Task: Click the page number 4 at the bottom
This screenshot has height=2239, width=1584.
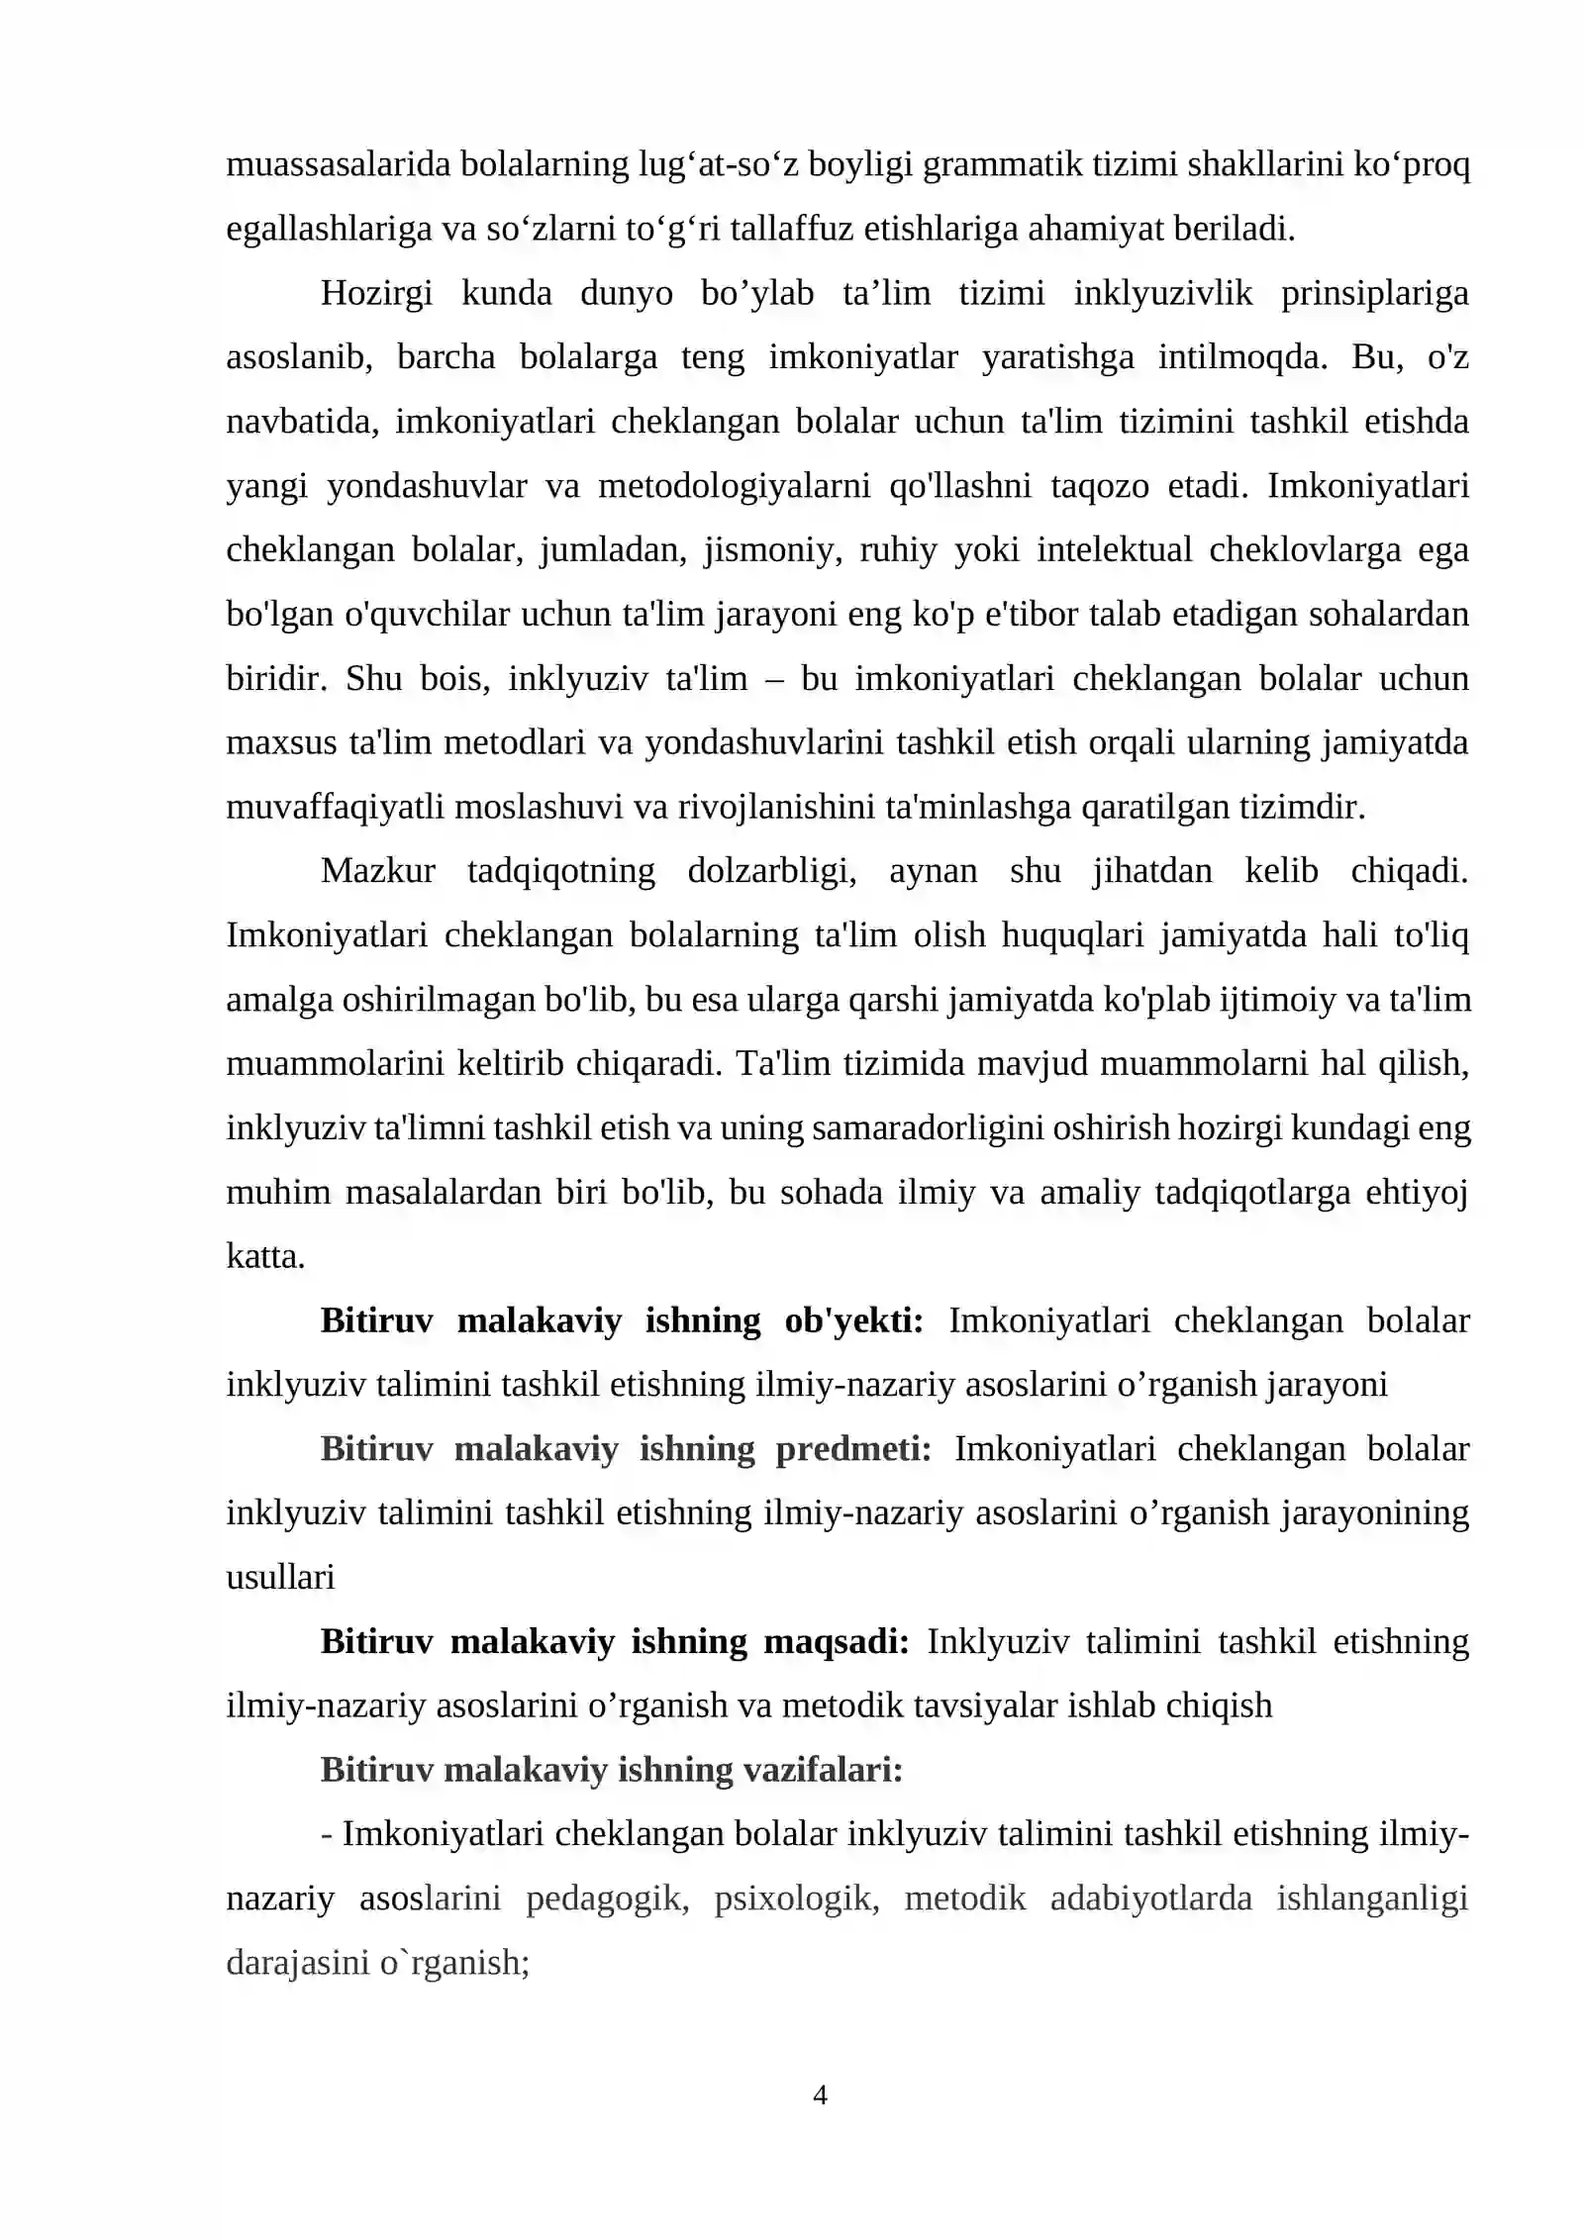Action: tap(820, 2094)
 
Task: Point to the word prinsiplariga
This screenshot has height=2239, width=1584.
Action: tap(1374, 293)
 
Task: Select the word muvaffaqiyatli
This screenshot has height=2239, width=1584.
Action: tap(335, 807)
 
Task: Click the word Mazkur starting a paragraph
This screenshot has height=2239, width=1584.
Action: tap(378, 871)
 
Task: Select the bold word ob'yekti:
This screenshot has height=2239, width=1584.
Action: tap(853, 1321)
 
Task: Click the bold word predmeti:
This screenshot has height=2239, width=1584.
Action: tap(852, 1449)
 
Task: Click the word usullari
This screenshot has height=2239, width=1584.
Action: tap(280, 1578)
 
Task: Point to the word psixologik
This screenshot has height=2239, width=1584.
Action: tap(796, 1899)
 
